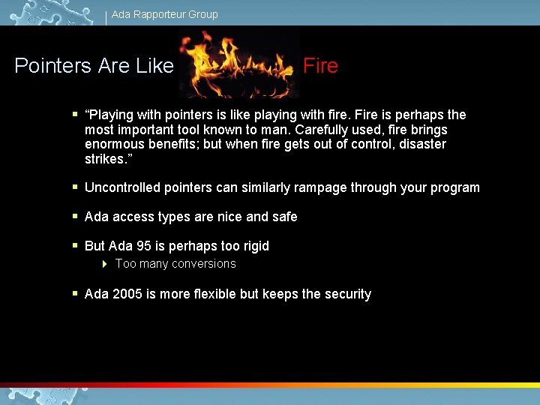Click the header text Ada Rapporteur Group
(x=164, y=14)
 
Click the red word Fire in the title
(x=320, y=66)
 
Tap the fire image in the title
(x=238, y=66)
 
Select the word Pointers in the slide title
(x=52, y=66)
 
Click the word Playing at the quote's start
(x=111, y=115)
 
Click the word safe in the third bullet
(x=284, y=217)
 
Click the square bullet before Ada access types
(x=74, y=217)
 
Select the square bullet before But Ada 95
(x=74, y=246)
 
